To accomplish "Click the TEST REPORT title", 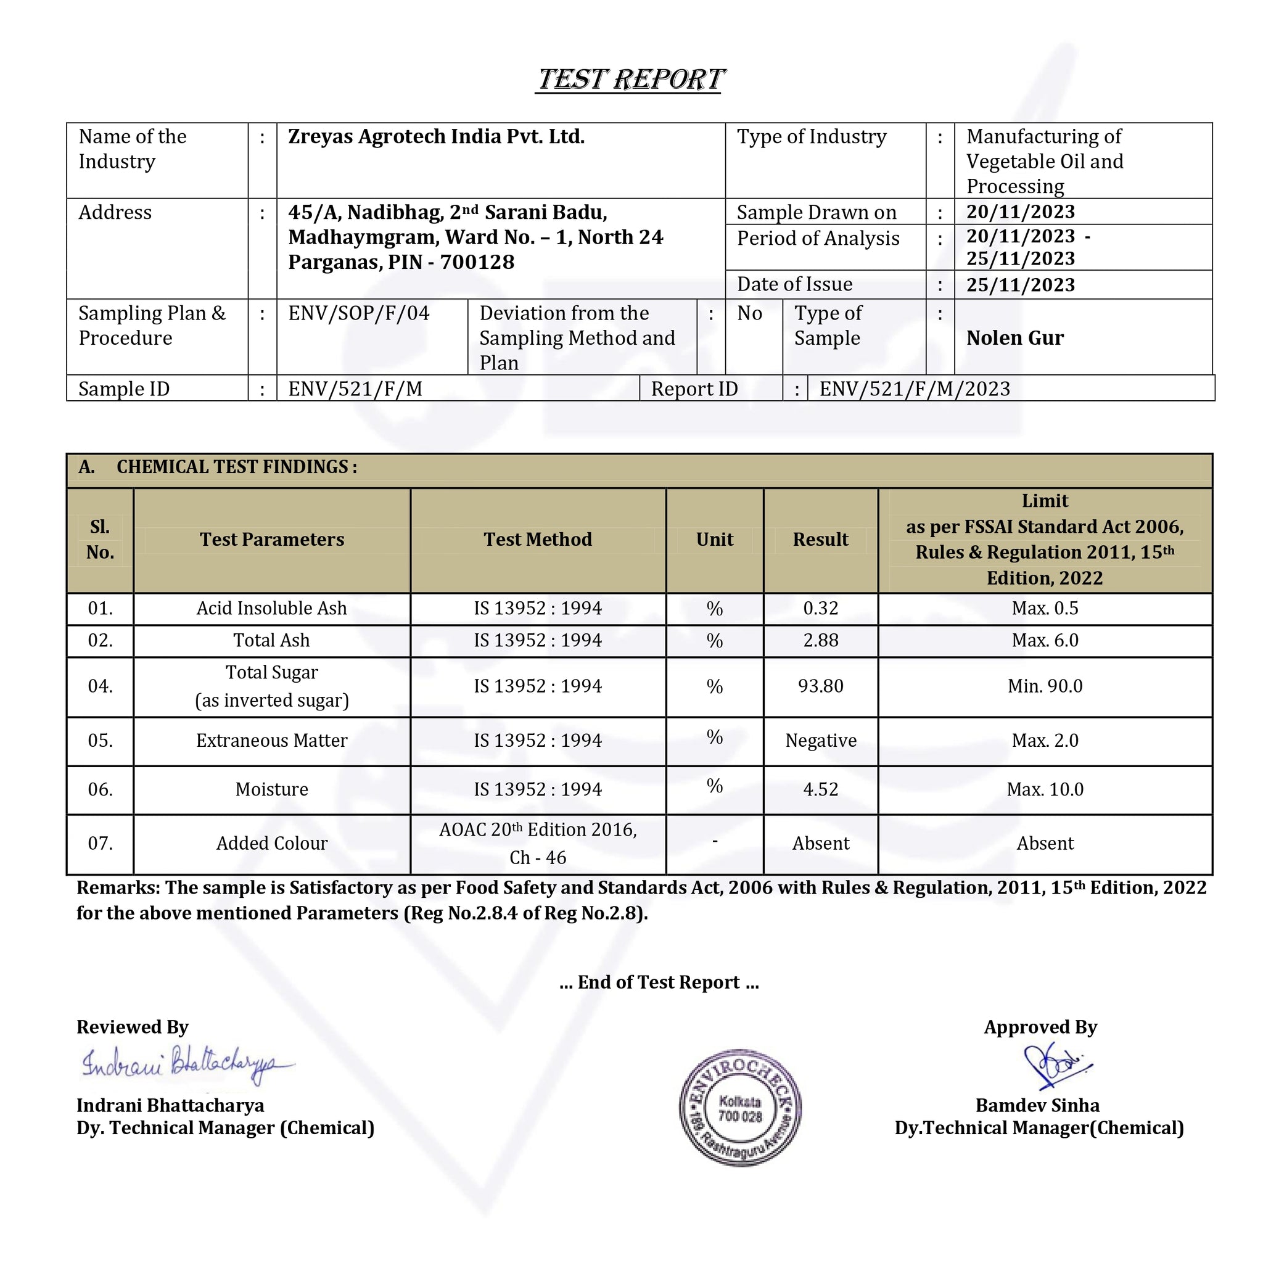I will tap(630, 80).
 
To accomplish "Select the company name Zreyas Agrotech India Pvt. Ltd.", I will tap(436, 137).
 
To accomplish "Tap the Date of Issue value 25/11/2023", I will tap(1021, 285).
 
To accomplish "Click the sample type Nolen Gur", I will tap(1014, 338).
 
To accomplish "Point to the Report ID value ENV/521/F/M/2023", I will tap(915, 389).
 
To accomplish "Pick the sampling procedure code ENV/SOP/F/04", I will tap(359, 313).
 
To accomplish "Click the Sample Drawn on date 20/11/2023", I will tap(1021, 212).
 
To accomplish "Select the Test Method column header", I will tap(537, 540).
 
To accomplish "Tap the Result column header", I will tap(820, 540).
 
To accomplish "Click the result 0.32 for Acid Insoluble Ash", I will tap(820, 609).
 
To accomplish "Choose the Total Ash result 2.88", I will tap(820, 641).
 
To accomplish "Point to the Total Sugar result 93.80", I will tap(820, 686).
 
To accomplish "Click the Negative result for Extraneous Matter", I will tap(820, 741).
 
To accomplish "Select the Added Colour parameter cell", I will tap(272, 843).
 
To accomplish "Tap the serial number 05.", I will tap(100, 741).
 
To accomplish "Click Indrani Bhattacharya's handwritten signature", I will tap(186, 1065).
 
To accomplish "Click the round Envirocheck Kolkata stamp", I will tap(740, 1108).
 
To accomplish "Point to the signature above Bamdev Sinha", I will tap(1054, 1066).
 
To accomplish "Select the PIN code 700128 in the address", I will tap(477, 262).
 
